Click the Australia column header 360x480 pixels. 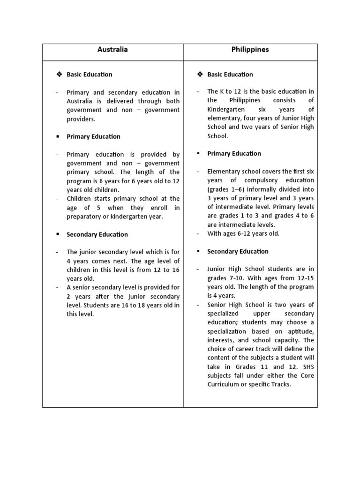click(x=112, y=50)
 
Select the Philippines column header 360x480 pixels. click(x=250, y=50)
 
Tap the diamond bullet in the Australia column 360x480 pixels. click(x=59, y=75)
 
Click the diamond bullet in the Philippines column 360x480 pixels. click(x=200, y=75)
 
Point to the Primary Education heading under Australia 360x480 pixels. click(x=93, y=136)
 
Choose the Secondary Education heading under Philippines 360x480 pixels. click(x=238, y=251)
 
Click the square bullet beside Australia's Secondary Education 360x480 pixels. click(x=57, y=234)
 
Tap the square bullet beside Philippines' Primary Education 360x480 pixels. click(x=198, y=154)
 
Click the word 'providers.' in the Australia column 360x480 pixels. click(x=81, y=119)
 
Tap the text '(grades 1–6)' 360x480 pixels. click(x=224, y=189)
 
